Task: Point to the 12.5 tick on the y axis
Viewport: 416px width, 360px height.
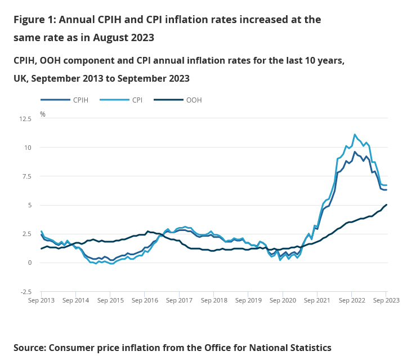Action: [x=25, y=119]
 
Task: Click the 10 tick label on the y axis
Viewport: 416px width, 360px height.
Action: [x=28, y=148]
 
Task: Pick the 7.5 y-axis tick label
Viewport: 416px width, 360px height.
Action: [x=26, y=176]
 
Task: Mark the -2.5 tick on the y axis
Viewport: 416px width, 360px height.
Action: [x=26, y=291]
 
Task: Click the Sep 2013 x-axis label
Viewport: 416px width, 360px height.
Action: [x=42, y=300]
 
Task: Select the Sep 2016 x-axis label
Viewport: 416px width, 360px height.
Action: [x=145, y=300]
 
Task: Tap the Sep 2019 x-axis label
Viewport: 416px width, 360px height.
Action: [x=248, y=300]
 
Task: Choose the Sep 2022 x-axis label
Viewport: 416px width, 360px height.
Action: [x=352, y=300]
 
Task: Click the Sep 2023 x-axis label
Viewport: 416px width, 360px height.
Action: [x=386, y=300]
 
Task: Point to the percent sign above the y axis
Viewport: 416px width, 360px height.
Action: [x=43, y=114]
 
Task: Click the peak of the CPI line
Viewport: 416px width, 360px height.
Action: [x=355, y=135]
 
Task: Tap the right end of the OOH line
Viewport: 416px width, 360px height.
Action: [x=386, y=205]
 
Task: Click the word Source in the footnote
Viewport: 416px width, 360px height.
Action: [x=29, y=348]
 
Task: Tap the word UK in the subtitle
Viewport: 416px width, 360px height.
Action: [x=20, y=78]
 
